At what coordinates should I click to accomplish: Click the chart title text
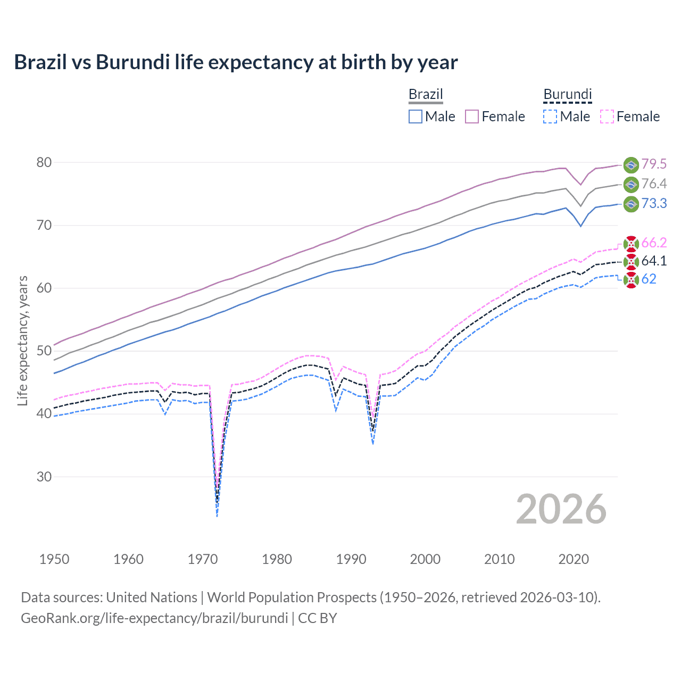[x=236, y=62]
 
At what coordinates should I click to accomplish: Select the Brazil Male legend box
[x=416, y=117]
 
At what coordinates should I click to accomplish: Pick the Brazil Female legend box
[x=472, y=117]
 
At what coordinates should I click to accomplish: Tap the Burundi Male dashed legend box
[x=550, y=117]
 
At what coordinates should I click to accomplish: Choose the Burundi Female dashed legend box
[x=607, y=117]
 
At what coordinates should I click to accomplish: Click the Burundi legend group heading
[x=567, y=95]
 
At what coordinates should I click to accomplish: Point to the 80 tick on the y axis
[x=44, y=162]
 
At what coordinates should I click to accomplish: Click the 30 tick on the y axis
[x=44, y=477]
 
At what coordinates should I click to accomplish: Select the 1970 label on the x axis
[x=203, y=559]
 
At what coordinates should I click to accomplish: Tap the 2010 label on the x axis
[x=499, y=559]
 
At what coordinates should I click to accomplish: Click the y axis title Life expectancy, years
[x=22, y=340]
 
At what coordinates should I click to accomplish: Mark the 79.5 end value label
[x=654, y=164]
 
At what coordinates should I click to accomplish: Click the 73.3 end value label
[x=654, y=203]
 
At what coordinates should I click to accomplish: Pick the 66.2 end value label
[x=654, y=243]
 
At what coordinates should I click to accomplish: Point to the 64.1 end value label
[x=654, y=261]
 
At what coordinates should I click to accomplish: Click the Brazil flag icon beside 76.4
[x=631, y=184]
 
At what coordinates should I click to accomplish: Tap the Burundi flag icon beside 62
[x=631, y=279]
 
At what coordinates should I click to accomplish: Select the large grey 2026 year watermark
[x=561, y=509]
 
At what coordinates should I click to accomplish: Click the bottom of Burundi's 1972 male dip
[x=217, y=516]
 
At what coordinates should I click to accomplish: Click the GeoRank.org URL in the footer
[x=154, y=618]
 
